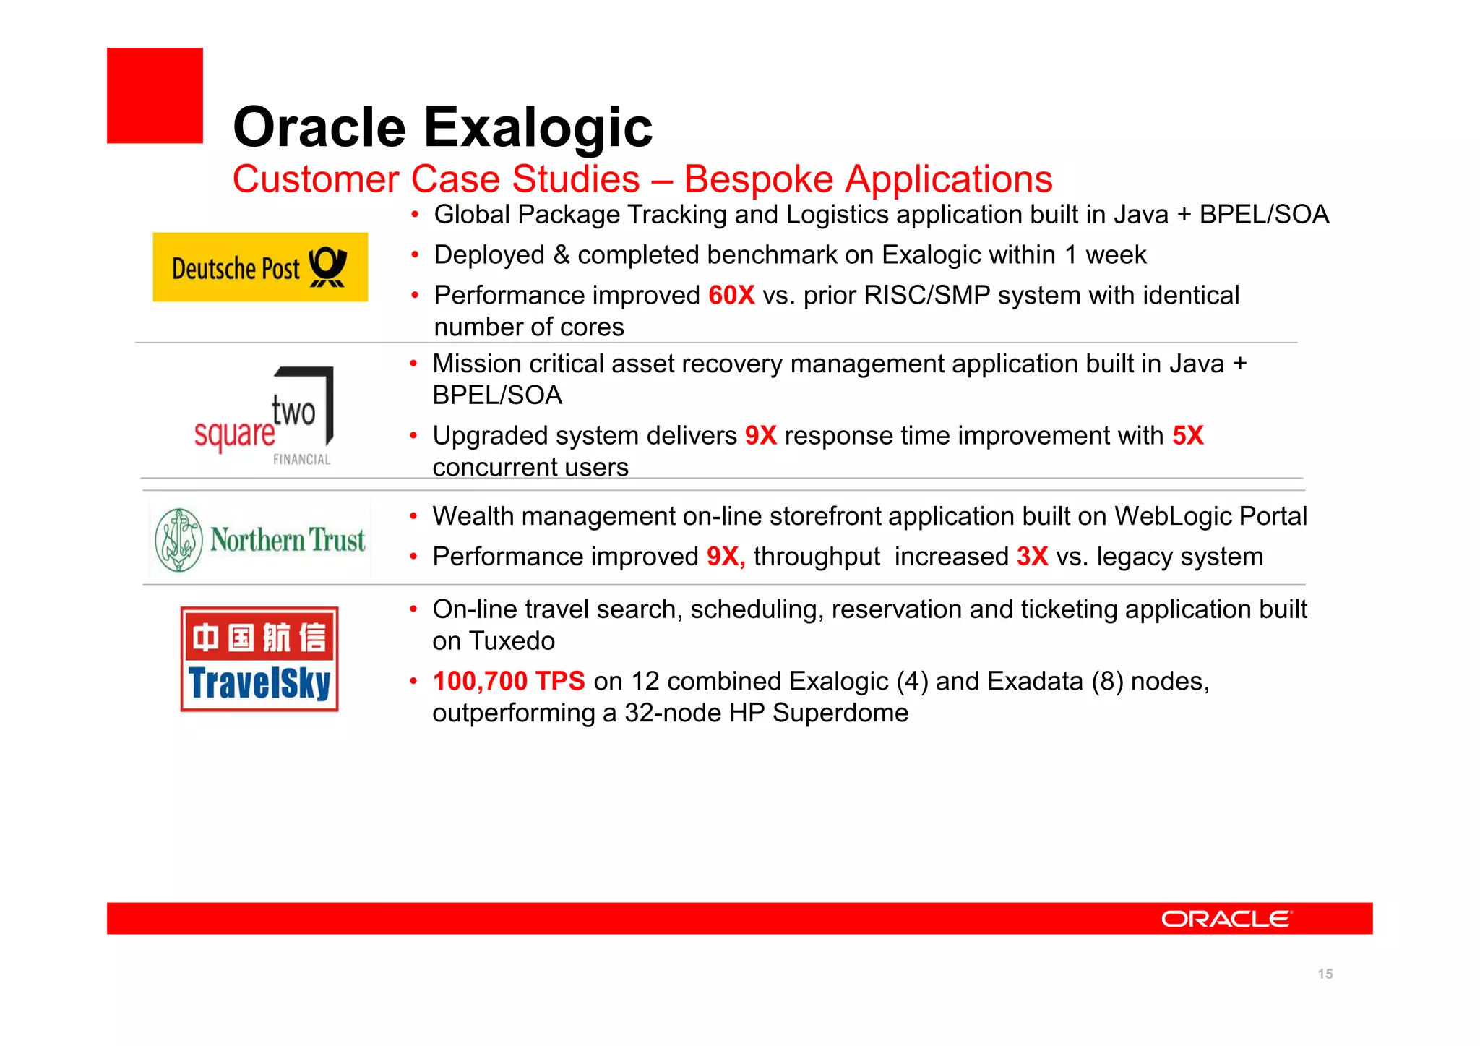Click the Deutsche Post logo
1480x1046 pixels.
[x=260, y=267]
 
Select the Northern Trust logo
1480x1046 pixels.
[x=260, y=540]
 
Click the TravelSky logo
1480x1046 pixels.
[x=259, y=659]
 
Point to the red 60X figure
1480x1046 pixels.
[x=731, y=296]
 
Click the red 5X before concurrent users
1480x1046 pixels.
[x=1187, y=436]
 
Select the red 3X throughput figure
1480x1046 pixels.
[x=1032, y=557]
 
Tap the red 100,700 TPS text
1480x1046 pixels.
[x=509, y=682]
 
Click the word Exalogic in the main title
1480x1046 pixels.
[x=538, y=127]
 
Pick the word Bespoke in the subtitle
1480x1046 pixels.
[x=758, y=179]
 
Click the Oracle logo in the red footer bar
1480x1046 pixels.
[x=1226, y=919]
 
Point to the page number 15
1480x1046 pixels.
[x=1325, y=974]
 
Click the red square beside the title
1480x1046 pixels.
[x=155, y=95]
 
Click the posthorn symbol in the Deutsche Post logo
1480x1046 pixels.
[x=328, y=267]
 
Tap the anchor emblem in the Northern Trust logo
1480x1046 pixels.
[x=178, y=540]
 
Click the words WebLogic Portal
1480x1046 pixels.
[x=1210, y=516]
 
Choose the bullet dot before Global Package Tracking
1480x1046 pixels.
[x=415, y=215]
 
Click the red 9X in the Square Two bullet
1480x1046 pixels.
[x=760, y=436]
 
